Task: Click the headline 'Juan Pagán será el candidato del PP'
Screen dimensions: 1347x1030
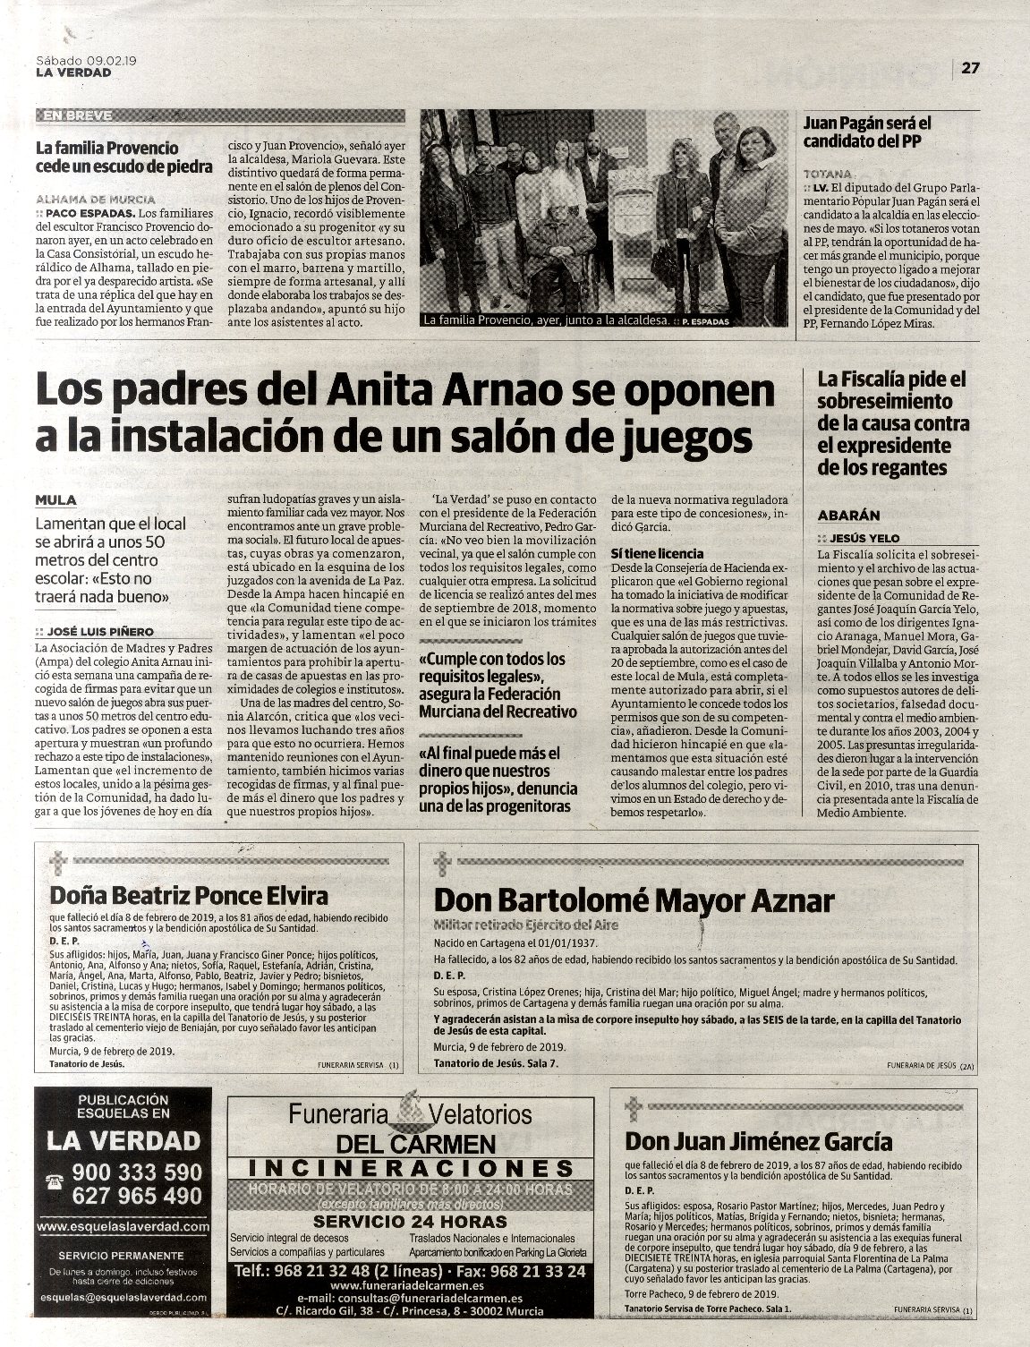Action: (867, 132)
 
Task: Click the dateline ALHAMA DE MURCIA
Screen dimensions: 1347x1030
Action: (96, 199)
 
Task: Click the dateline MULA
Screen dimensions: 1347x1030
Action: (56, 500)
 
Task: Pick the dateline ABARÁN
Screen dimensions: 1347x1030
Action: (849, 516)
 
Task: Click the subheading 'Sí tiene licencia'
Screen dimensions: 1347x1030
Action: (657, 554)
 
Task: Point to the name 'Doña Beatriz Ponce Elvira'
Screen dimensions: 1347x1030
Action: (189, 896)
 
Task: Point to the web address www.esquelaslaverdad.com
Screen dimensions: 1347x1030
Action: (123, 1227)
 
